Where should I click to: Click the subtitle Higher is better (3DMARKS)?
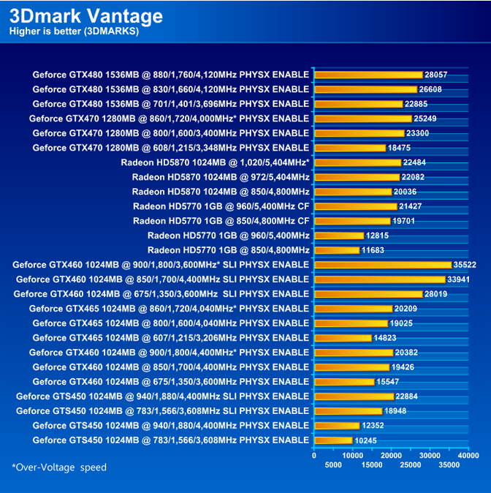point(73,31)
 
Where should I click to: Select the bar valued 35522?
point(382,265)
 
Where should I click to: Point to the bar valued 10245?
point(333,440)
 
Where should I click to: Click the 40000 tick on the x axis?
point(468,455)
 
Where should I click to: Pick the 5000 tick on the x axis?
point(333,464)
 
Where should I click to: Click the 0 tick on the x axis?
point(314,455)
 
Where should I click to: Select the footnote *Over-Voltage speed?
point(59,467)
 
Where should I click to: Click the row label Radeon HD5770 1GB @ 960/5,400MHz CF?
point(221,206)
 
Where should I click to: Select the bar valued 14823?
point(343,338)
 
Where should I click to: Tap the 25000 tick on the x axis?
point(411,464)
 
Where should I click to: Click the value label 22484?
point(414,162)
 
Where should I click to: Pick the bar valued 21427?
point(355,206)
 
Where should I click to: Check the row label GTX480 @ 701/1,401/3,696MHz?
point(170,104)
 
